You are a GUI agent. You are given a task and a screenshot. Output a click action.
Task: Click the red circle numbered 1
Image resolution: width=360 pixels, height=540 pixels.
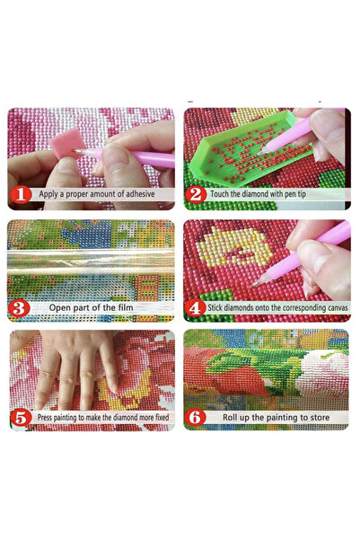21,194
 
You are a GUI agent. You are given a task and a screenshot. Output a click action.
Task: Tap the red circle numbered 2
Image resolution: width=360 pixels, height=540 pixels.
196,195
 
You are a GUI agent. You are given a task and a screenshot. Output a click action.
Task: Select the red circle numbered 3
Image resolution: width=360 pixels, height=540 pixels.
19,307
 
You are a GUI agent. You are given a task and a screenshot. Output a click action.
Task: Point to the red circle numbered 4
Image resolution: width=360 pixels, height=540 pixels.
195,307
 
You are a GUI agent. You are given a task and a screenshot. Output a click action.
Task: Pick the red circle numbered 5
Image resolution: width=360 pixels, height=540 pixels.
21,418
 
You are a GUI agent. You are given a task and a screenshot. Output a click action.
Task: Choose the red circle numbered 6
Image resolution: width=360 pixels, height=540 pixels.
195,418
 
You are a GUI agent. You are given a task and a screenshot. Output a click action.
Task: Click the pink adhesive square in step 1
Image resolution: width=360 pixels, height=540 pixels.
66,143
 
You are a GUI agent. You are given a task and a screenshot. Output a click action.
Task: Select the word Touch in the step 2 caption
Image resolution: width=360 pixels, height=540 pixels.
219,194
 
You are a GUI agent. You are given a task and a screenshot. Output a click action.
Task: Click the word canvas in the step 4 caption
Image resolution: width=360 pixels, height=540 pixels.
337,307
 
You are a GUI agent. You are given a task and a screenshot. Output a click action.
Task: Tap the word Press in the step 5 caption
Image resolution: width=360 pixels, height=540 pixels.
44,418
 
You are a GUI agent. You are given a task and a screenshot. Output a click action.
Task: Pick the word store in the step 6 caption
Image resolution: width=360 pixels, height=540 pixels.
320,418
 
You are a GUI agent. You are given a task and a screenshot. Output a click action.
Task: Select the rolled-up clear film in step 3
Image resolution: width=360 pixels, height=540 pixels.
91,261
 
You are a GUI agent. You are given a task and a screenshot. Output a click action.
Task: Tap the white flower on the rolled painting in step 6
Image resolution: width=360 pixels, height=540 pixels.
321,374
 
